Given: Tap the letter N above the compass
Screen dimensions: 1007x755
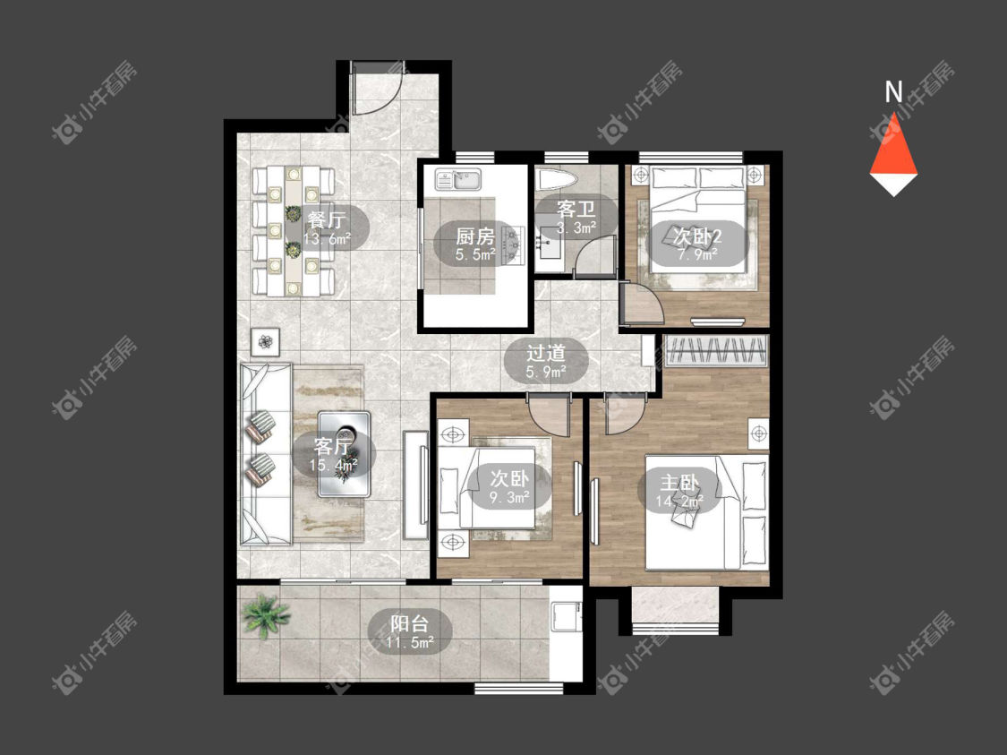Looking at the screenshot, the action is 893,92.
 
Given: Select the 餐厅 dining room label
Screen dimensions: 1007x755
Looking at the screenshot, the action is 327,219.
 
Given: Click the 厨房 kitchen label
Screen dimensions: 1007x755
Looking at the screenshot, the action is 475,236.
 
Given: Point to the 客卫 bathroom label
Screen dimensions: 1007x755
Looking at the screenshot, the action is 576,210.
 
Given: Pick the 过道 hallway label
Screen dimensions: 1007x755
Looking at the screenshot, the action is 546,353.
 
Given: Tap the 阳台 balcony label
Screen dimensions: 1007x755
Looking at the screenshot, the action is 410,623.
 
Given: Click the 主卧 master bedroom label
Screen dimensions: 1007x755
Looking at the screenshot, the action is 679,482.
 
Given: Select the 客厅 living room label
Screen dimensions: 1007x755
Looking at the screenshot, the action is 333,445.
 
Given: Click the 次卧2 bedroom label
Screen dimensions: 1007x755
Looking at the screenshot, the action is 697,236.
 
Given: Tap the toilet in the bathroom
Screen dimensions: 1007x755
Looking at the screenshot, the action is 557,179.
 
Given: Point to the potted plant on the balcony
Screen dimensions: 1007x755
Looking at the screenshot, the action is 265,615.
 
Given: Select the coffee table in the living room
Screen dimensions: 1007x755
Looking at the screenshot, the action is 345,454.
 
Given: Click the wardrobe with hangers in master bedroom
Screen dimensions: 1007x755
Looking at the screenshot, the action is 716,351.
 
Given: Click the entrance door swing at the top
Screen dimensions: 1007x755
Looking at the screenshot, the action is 378,89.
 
